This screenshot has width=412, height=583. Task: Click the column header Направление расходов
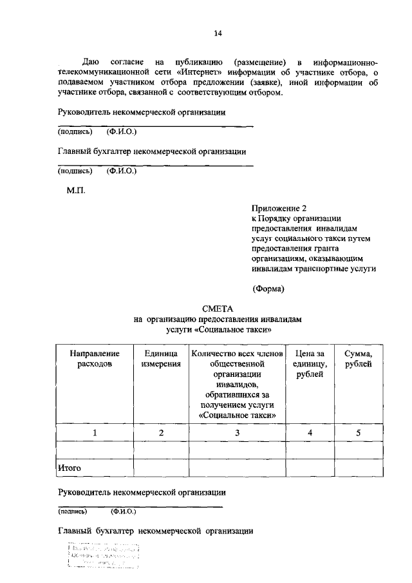[x=95, y=359]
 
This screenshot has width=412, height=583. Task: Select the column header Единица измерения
[x=161, y=359]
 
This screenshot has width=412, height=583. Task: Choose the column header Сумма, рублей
[x=359, y=359]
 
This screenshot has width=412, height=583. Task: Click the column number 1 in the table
[x=95, y=432]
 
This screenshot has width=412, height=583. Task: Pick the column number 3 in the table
[x=237, y=432]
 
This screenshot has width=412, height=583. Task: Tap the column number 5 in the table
[x=359, y=432]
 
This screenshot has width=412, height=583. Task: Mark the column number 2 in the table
[x=161, y=432]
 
